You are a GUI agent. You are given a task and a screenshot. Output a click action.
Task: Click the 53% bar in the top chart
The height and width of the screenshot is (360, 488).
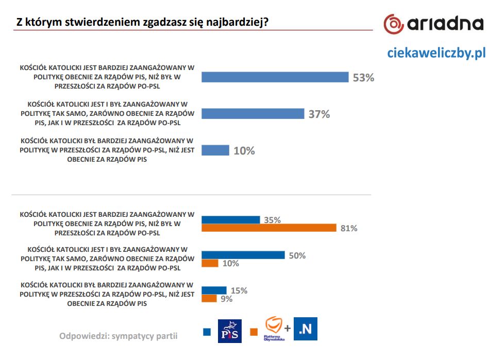[x=275, y=77]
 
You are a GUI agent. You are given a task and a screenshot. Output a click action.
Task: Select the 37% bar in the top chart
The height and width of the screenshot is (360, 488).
[x=253, y=114]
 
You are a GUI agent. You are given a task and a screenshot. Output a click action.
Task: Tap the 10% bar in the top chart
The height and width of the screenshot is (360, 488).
[x=215, y=150]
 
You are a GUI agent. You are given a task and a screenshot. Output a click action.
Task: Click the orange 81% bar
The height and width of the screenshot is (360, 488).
[x=268, y=228]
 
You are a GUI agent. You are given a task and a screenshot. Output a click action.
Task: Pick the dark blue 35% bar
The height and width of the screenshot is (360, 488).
[x=230, y=220]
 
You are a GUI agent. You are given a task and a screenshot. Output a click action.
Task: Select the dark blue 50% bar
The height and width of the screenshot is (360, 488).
[x=243, y=255]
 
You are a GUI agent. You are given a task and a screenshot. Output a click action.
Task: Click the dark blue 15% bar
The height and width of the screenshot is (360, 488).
[x=214, y=290]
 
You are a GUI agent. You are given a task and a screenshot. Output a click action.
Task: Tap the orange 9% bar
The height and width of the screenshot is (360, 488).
[x=209, y=298]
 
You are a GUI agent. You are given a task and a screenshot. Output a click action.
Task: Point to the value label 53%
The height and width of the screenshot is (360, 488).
[x=363, y=78]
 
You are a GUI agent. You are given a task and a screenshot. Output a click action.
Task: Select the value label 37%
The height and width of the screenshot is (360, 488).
[x=318, y=114]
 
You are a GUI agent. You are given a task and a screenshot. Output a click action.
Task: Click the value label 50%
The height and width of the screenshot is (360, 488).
[x=297, y=255]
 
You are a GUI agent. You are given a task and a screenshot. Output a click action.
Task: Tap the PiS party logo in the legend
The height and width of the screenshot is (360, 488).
[x=230, y=330]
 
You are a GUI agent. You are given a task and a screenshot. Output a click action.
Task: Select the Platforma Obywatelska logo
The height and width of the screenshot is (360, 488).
[x=274, y=328]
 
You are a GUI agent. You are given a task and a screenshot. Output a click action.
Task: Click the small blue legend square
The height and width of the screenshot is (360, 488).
[x=207, y=332]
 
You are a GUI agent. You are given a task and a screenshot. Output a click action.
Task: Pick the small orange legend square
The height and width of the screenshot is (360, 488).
[x=254, y=332]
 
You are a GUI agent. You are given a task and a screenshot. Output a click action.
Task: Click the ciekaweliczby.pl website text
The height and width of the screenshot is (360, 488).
[x=436, y=53]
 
